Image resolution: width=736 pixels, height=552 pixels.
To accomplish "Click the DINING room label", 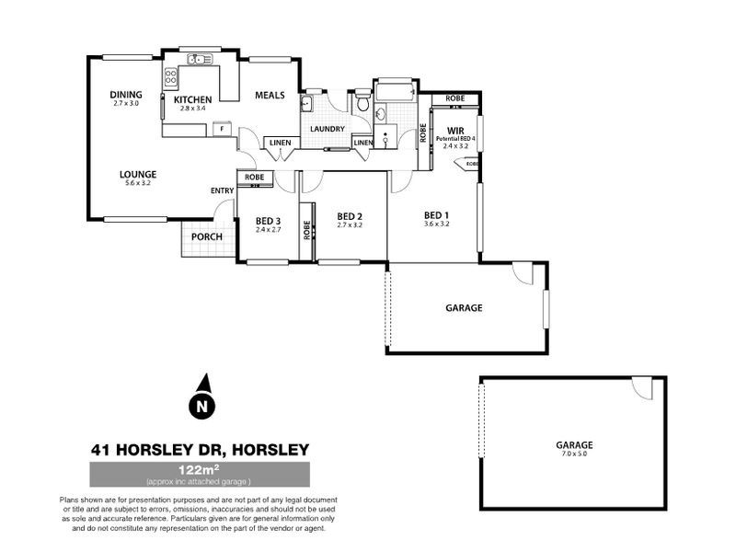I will click(125, 94).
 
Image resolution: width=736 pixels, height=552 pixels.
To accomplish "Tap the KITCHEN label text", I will click(193, 99).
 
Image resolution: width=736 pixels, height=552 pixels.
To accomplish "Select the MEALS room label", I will click(270, 95).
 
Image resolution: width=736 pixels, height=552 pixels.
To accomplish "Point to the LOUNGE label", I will click(138, 173).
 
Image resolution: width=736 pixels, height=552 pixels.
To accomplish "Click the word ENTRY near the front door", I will click(223, 190).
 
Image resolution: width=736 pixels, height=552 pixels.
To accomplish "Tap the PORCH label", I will click(206, 237).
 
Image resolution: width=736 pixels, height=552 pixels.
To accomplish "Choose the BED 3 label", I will click(268, 220).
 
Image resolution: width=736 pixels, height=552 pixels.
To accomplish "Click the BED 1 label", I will click(436, 214).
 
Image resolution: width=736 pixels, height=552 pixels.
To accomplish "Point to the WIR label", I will click(455, 131).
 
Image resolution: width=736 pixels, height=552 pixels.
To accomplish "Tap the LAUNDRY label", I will click(328, 129).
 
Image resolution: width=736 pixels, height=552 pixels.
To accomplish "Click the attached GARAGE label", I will click(464, 308).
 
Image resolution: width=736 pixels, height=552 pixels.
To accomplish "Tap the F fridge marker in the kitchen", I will click(221, 130).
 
